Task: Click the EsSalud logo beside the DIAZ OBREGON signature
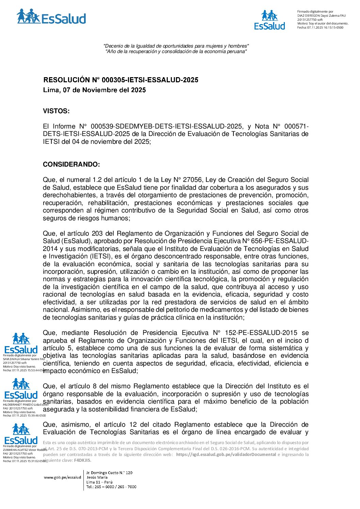click(269, 20)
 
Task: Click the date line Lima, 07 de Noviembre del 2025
click(94, 90)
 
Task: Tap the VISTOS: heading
click(56, 111)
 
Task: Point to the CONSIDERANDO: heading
click(71, 165)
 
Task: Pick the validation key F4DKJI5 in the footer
click(82, 460)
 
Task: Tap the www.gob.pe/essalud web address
click(62, 477)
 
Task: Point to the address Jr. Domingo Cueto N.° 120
click(109, 473)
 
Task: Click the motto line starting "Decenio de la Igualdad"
click(176, 46)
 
